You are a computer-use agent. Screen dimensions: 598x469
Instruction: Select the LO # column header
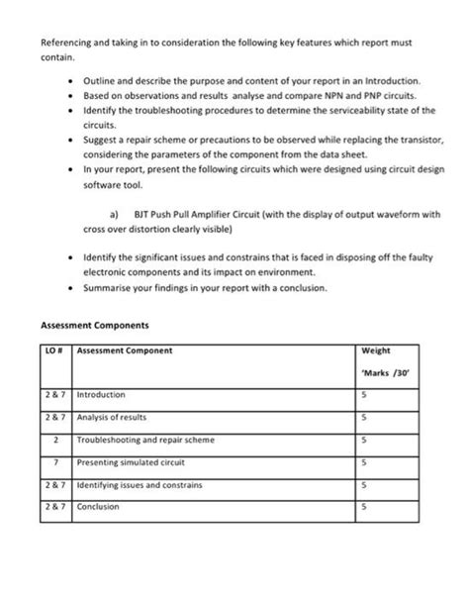point(54,350)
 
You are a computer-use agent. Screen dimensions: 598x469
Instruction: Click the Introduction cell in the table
point(101,393)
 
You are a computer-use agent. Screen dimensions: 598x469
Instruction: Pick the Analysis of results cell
point(112,416)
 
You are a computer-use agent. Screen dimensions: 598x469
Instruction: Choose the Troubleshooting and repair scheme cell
point(144,439)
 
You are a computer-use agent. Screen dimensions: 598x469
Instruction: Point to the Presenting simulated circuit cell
point(128,461)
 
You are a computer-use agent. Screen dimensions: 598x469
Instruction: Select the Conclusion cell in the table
point(98,507)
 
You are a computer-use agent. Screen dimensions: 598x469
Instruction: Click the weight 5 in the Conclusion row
point(364,507)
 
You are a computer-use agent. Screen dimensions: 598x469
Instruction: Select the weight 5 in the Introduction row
point(364,393)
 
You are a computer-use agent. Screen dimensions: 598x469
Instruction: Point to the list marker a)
point(114,213)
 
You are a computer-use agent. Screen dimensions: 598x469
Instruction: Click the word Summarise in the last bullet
point(107,288)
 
